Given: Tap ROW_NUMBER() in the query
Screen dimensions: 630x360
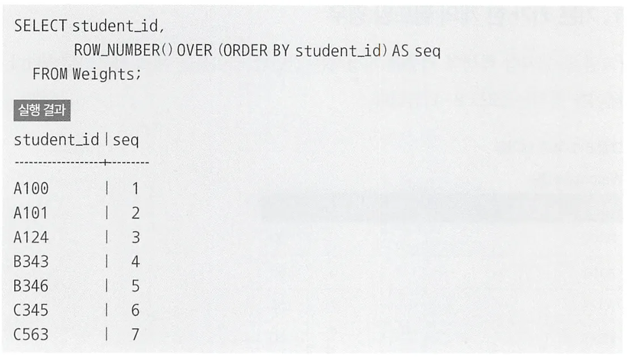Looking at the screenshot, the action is [x=123, y=51].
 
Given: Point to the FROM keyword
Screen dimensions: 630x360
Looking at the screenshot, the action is [x=50, y=74].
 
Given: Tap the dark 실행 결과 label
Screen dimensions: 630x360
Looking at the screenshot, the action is [x=41, y=111].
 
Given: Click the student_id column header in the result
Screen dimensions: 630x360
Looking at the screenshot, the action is [x=56, y=140].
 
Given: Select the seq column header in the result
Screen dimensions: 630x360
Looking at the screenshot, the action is [x=125, y=140].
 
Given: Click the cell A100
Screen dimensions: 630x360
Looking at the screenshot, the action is [x=31, y=189].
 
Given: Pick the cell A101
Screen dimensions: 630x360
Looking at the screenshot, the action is [x=31, y=214].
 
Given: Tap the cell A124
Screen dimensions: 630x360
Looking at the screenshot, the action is [x=31, y=237].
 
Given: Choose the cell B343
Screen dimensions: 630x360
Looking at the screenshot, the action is [x=31, y=262].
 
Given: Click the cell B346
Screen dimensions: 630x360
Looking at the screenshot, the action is [x=31, y=286].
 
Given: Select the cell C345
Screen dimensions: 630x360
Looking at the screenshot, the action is [x=31, y=311].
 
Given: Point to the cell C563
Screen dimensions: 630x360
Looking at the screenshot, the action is [x=31, y=335].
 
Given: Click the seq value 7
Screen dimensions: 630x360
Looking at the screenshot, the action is [x=135, y=335].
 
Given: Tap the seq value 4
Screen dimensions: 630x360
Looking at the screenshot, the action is [x=135, y=262].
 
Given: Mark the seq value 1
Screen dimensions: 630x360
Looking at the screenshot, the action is [x=135, y=189].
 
